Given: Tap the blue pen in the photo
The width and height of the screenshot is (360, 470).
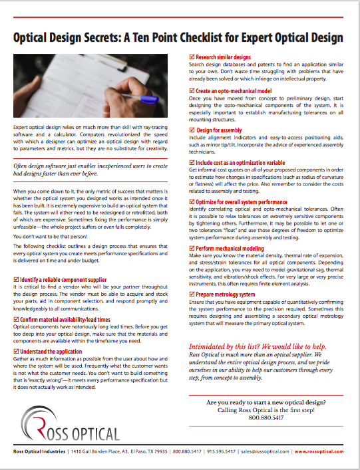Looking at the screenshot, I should (x=150, y=100).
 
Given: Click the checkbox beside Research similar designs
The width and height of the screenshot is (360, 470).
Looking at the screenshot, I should (x=192, y=58).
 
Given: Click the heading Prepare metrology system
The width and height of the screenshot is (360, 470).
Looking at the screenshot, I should (x=225, y=293).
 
